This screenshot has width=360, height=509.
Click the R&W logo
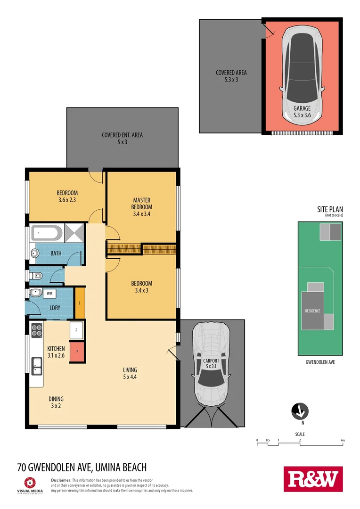point(313,479)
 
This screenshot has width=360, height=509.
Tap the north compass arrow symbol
point(300,411)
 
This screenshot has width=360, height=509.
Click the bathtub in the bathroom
point(46,233)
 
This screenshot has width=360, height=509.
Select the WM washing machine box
point(49,294)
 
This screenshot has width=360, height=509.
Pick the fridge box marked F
point(77,330)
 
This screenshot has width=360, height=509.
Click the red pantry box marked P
point(77,352)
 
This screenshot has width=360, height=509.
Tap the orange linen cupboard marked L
point(80,302)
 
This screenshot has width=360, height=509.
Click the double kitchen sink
point(36,365)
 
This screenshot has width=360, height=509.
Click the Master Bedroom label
point(142,207)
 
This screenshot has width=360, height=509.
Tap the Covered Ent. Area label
point(122,138)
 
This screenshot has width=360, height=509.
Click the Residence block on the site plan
point(312,311)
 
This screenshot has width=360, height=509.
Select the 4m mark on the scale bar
point(343,441)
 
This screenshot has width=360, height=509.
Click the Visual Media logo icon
point(30,483)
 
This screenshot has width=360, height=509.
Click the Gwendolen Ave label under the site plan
point(320,362)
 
